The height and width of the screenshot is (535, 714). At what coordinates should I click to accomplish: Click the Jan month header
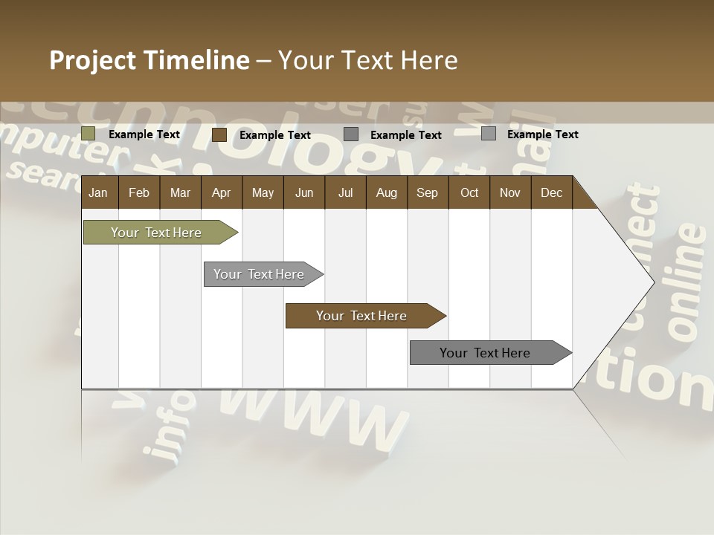[98, 192]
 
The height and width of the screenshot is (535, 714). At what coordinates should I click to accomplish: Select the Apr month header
[221, 192]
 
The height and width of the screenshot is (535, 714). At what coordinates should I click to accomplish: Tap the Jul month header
[345, 192]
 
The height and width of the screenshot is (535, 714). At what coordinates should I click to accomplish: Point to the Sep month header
[427, 192]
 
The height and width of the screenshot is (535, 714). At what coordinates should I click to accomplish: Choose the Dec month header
[551, 192]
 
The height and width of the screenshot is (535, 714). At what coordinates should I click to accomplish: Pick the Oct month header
[469, 192]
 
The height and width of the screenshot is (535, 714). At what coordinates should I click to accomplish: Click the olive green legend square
[89, 134]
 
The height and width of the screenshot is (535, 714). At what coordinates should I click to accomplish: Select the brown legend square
[219, 134]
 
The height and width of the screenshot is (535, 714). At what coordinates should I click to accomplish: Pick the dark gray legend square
[351, 134]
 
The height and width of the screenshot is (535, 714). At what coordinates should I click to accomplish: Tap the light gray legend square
[489, 134]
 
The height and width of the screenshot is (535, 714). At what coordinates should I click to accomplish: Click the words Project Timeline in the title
[149, 60]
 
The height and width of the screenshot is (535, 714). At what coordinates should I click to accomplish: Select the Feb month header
[139, 192]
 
